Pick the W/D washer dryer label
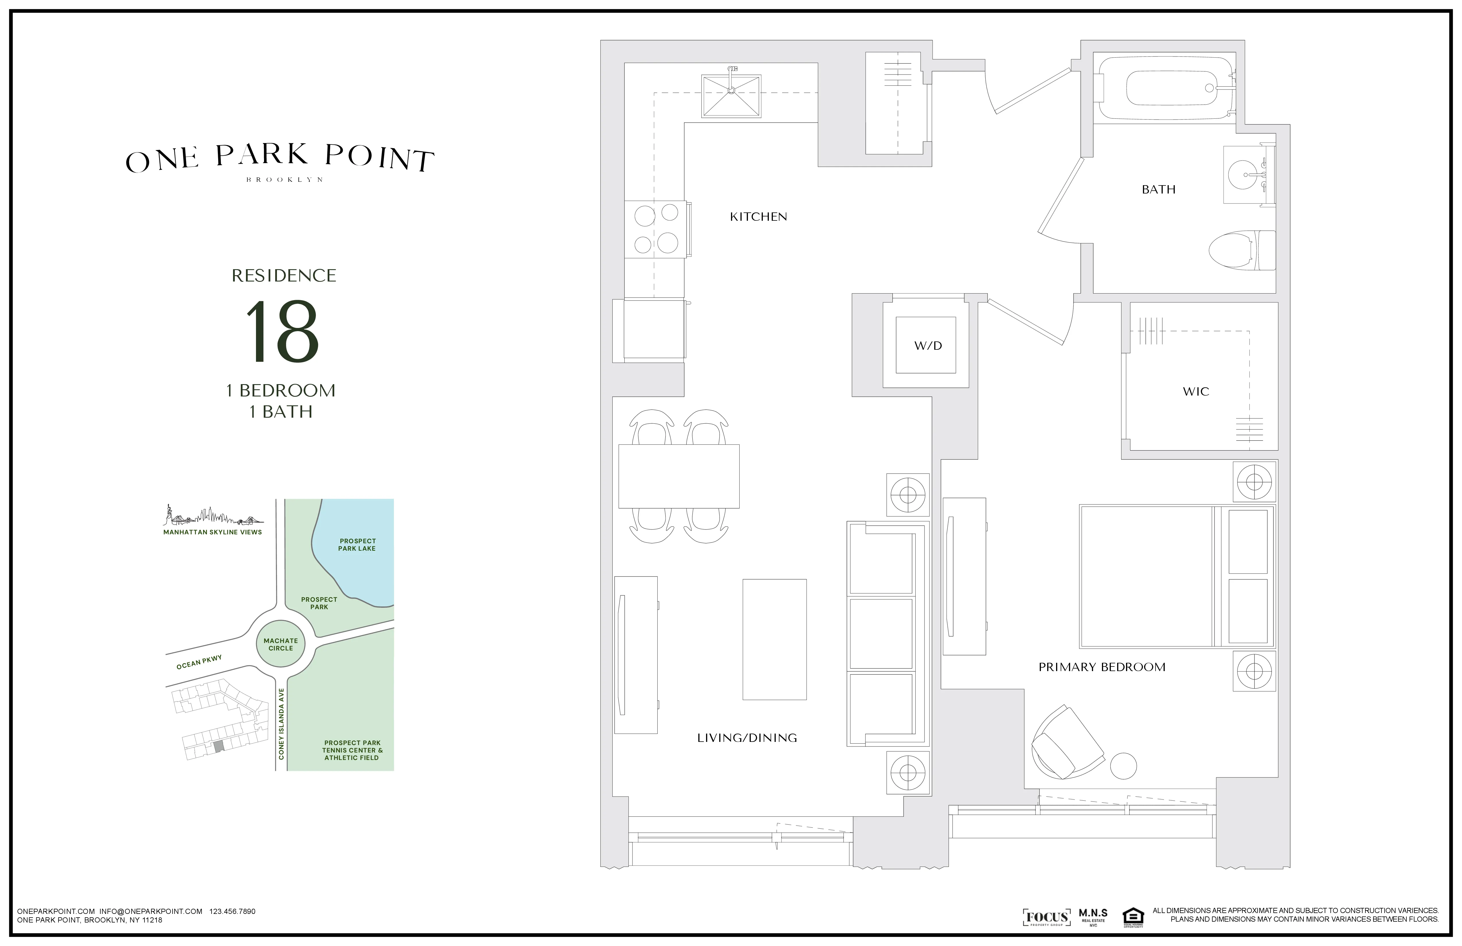pyautogui.click(x=928, y=346)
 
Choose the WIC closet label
pyautogui.click(x=1195, y=391)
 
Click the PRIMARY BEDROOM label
pyautogui.click(x=1101, y=667)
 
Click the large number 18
pyautogui.click(x=283, y=332)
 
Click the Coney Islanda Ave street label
pyautogui.click(x=281, y=724)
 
